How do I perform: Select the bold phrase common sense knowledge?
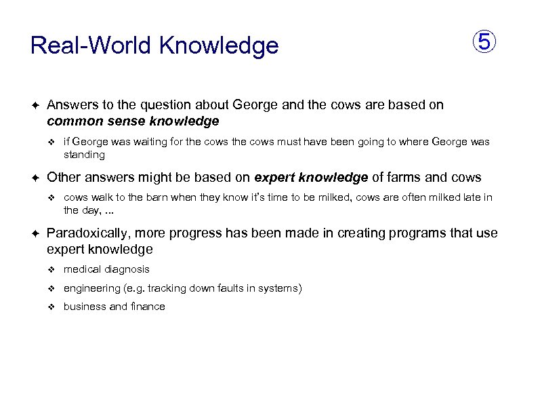(x=133, y=121)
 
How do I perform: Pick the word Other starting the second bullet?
(x=64, y=178)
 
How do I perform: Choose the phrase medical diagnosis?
(x=106, y=269)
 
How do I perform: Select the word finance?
(x=147, y=307)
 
